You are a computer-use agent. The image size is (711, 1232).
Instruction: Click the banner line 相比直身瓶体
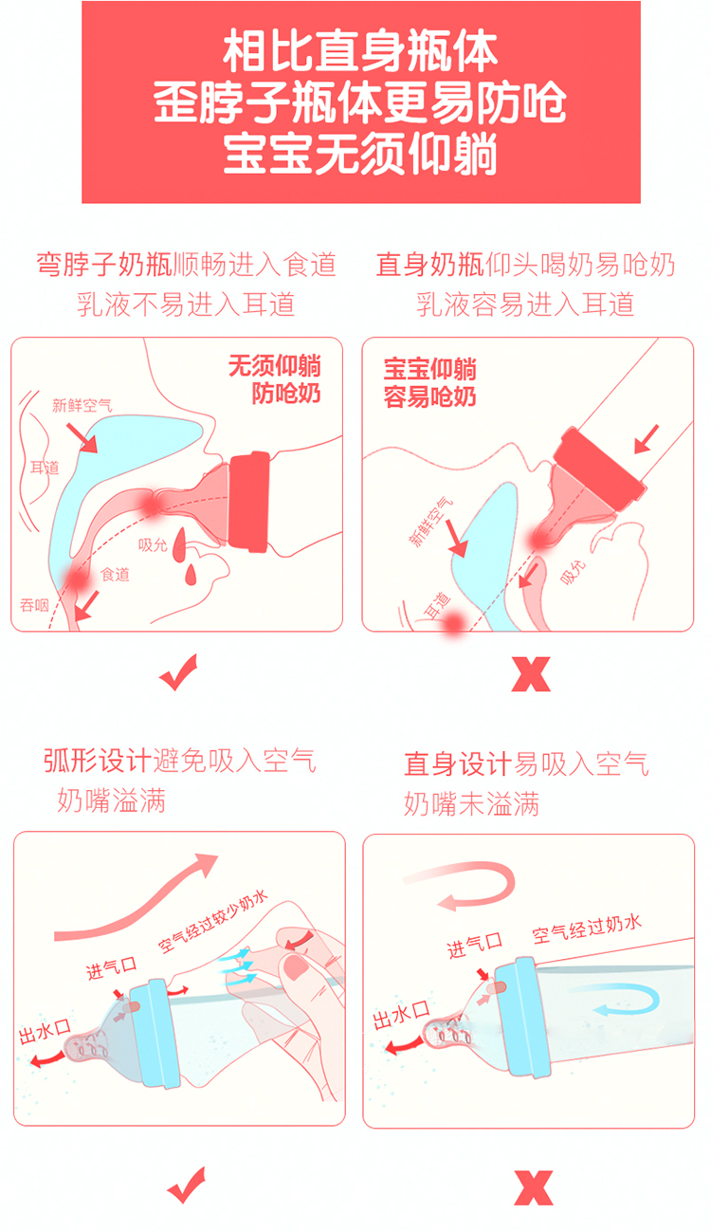pyautogui.click(x=360, y=50)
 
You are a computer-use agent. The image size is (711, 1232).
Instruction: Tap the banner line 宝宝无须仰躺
pyautogui.click(x=360, y=154)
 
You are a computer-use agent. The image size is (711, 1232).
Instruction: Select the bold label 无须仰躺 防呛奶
pyautogui.click(x=275, y=379)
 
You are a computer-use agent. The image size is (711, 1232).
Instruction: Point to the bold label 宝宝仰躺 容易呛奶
pyautogui.click(x=430, y=383)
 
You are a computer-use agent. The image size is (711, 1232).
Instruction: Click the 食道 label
pyautogui.click(x=115, y=575)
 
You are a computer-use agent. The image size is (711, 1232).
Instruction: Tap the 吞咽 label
pyautogui.click(x=34, y=605)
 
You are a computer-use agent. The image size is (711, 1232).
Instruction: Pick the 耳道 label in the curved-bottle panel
pyautogui.click(x=45, y=469)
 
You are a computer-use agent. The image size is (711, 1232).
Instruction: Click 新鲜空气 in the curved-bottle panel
pyautogui.click(x=82, y=406)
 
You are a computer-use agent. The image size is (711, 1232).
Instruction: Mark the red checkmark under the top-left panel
pyautogui.click(x=178, y=672)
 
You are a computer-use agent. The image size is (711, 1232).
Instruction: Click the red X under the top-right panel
pyautogui.click(x=531, y=673)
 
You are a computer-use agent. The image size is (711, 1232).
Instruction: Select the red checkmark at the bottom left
pyautogui.click(x=187, y=1186)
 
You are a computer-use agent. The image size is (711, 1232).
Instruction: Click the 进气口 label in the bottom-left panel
pyautogui.click(x=112, y=967)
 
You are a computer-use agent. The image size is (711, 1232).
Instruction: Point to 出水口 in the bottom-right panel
pyautogui.click(x=401, y=1016)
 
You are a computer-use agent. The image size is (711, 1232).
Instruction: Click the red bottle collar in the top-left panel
pyautogui.click(x=249, y=501)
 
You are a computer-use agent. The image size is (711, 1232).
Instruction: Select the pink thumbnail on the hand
pyautogui.click(x=295, y=966)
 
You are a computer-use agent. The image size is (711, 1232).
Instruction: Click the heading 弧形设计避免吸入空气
pyautogui.click(x=180, y=761)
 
